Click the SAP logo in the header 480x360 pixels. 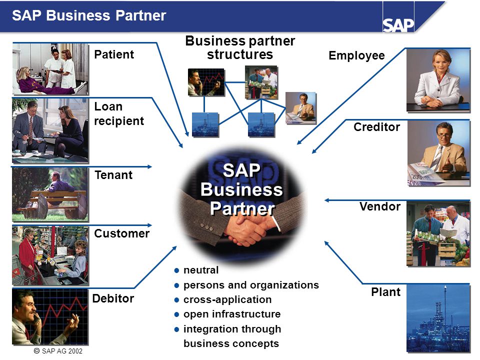(x=398, y=25)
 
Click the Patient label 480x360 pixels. (x=114, y=54)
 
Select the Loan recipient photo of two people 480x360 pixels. (x=50, y=130)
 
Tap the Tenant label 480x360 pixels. (x=113, y=175)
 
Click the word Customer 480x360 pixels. (x=122, y=233)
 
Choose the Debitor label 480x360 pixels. (x=113, y=298)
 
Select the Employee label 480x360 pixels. (x=356, y=55)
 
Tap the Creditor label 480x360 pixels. (x=376, y=127)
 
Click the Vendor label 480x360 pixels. (x=380, y=206)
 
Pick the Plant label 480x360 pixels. (x=385, y=292)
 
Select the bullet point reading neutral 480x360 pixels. (x=196, y=270)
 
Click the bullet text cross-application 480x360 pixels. (x=227, y=299)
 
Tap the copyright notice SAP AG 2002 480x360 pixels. (x=58, y=351)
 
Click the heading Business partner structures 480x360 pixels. (x=240, y=48)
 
